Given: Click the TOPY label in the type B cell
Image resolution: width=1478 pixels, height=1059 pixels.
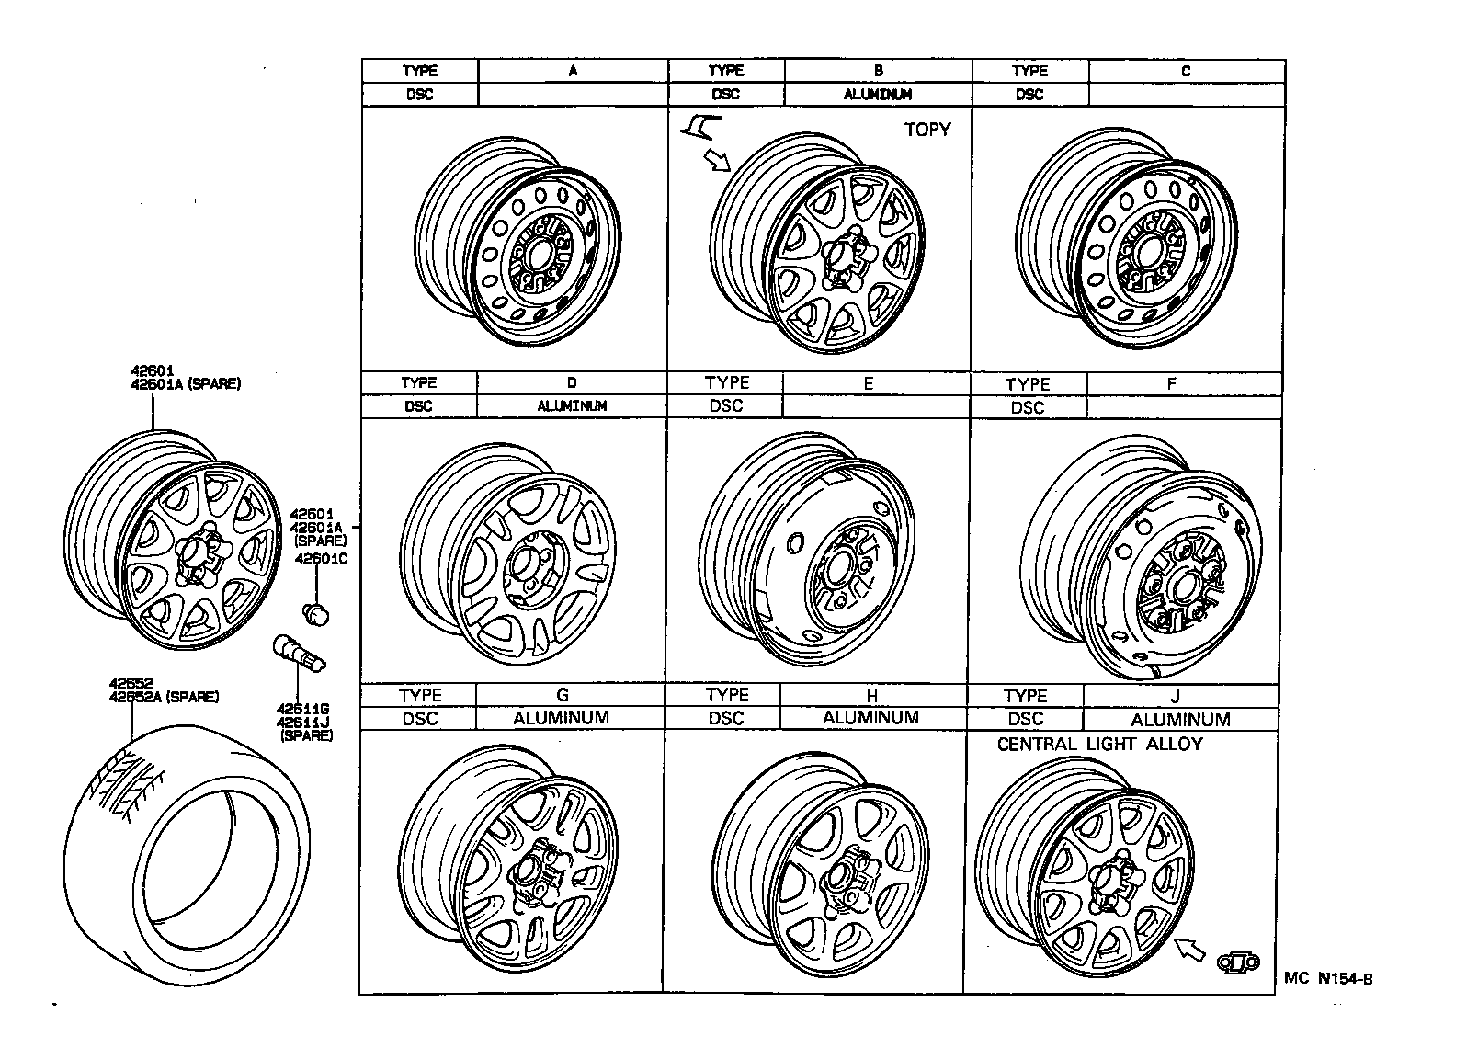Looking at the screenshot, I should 927,130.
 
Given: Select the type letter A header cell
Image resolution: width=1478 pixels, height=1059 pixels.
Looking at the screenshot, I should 573,71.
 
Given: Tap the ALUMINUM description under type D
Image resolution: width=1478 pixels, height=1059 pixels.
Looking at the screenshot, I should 572,405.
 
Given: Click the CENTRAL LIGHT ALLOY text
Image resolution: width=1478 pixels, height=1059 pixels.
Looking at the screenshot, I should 1099,744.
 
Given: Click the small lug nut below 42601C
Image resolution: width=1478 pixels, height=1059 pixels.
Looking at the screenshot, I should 316,612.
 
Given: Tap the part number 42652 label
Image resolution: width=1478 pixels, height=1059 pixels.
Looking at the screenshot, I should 131,683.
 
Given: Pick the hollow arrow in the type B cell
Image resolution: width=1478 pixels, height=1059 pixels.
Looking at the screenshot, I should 716,161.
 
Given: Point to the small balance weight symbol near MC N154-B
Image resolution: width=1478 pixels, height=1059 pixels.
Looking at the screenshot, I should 1237,962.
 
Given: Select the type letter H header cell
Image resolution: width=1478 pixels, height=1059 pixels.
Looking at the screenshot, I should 871,696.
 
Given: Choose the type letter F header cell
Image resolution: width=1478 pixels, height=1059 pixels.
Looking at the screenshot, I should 1171,383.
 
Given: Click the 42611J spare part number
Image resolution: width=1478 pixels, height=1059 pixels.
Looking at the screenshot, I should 303,722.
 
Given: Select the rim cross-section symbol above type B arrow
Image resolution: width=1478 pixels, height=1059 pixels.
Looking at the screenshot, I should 699,124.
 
